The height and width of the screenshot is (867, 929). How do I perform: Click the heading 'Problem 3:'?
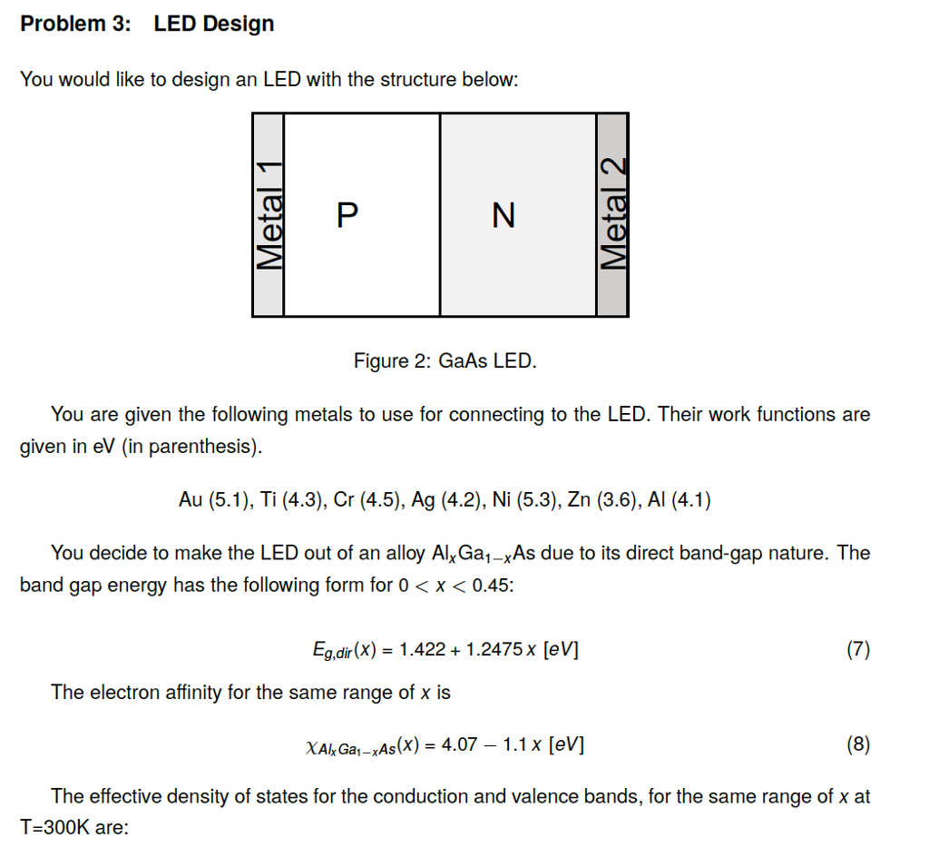[x=75, y=24]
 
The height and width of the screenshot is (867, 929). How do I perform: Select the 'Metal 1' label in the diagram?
[x=269, y=214]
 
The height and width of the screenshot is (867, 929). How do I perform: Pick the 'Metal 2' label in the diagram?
[x=612, y=214]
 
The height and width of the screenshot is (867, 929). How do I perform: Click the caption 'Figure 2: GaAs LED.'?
[x=445, y=361]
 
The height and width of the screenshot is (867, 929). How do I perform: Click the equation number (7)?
[x=857, y=649]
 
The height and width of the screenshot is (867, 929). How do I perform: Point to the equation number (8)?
[x=857, y=745]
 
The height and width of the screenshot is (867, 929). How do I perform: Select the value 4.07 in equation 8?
[x=458, y=745]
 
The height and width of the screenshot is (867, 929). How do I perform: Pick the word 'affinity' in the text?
[x=189, y=693]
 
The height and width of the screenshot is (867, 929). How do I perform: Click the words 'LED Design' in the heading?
[x=213, y=24]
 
